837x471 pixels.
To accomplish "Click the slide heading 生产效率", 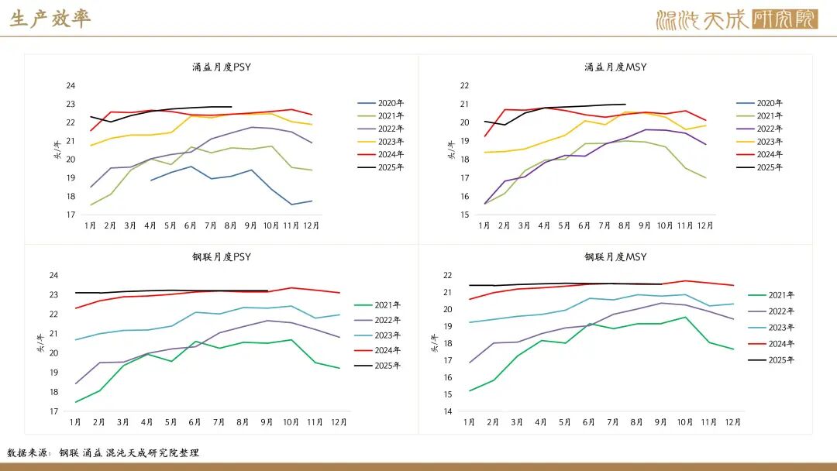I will coord(50,19).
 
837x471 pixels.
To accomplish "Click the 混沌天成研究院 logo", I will coord(736,19).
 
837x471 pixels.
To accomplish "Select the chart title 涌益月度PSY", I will coord(222,67).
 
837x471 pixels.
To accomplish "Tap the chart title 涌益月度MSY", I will coord(615,67).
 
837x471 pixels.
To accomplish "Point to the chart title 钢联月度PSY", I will coord(222,257).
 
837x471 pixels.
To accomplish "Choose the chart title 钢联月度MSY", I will coord(615,257).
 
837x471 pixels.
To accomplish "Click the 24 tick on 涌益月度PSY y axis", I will coord(71,85).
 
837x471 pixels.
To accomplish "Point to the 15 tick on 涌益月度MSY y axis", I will coord(465,215).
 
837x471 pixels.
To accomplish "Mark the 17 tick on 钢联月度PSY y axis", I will coord(53,411).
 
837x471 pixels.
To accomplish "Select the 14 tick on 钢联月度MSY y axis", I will coord(448,411).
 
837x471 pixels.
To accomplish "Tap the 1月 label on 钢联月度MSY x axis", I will coord(469,422).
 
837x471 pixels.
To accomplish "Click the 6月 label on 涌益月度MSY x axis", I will coord(584,225).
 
